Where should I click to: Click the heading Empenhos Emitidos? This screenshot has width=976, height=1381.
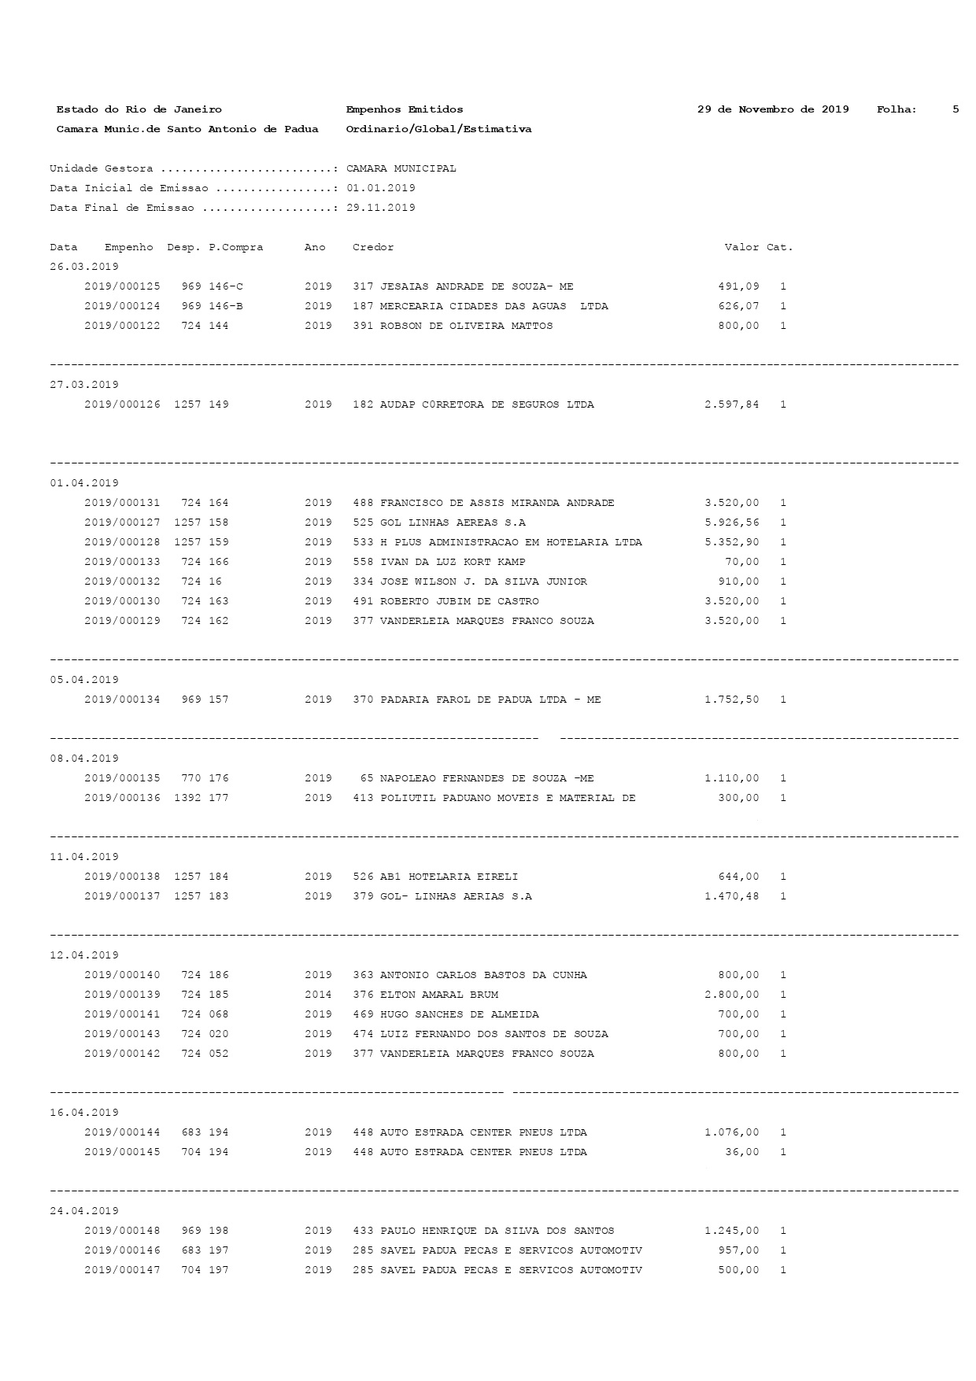click(405, 109)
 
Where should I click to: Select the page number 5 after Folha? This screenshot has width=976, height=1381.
click(956, 109)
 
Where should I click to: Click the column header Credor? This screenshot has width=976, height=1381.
click(373, 247)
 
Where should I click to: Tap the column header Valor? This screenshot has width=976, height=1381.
click(741, 247)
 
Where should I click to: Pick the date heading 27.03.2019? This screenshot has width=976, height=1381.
click(84, 385)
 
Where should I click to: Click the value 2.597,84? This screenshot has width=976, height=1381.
click(732, 404)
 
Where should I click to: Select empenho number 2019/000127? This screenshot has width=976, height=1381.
click(122, 522)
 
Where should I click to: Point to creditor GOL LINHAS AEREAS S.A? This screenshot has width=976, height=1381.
click(453, 522)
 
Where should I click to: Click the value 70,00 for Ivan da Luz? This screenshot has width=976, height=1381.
click(741, 562)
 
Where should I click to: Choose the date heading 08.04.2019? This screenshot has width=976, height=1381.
click(84, 759)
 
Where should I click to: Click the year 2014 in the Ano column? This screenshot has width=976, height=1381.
click(318, 995)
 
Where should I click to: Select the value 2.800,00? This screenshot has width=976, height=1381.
click(732, 995)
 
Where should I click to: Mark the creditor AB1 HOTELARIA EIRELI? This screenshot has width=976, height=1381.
click(449, 877)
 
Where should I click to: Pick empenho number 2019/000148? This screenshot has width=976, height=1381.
click(122, 1231)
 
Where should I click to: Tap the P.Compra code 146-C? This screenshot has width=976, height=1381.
click(226, 286)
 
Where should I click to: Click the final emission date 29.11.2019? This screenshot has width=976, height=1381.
click(381, 208)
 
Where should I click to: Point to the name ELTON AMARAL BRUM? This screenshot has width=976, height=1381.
click(438, 995)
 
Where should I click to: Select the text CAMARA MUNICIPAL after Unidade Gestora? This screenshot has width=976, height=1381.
click(401, 168)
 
